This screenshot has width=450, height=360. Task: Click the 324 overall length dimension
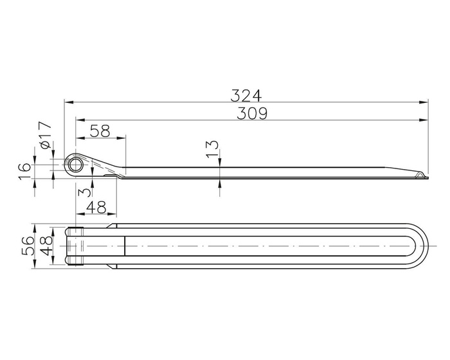coord(246,95)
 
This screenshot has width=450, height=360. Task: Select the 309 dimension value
coord(251,113)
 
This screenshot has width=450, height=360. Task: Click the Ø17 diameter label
coord(44,134)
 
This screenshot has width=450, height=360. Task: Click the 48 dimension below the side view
coord(96,208)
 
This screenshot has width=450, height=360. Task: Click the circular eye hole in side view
coord(76,164)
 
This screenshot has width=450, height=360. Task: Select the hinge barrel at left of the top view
coord(77,245)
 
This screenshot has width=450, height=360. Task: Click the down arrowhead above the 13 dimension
coord(221,163)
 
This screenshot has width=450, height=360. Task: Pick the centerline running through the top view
coord(257,245)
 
